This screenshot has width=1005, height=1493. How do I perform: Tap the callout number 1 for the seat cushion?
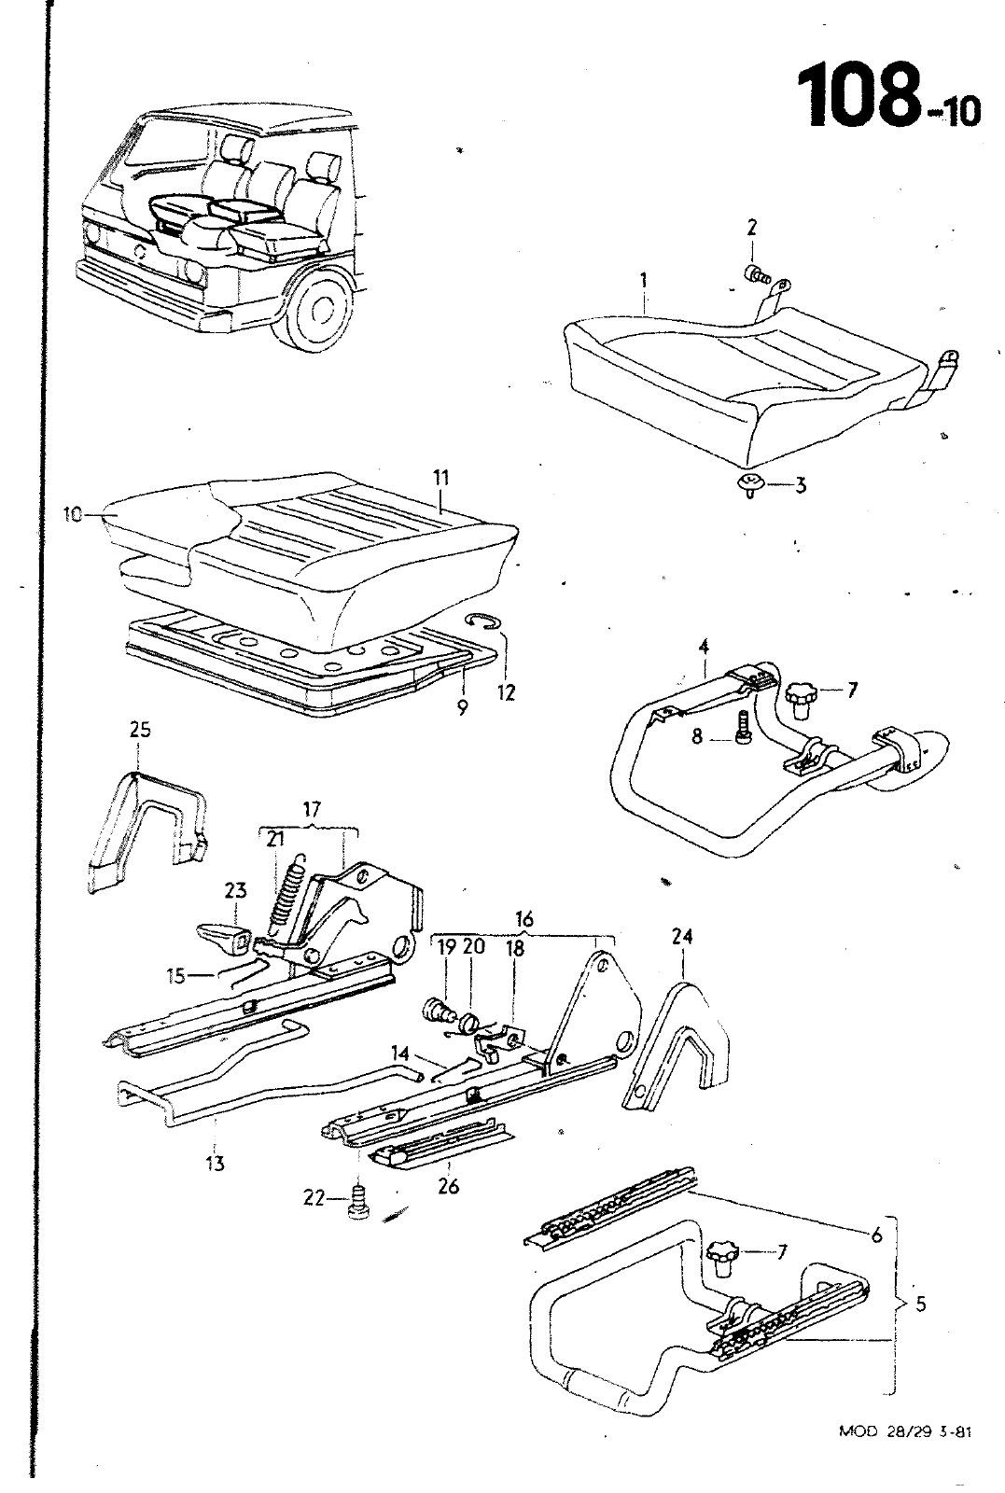click(x=645, y=279)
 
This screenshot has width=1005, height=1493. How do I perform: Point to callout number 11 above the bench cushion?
click(x=441, y=479)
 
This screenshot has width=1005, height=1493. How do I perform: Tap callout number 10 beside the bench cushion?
click(x=73, y=513)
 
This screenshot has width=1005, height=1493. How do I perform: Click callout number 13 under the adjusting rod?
click(x=216, y=1163)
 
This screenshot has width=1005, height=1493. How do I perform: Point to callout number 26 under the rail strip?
click(x=449, y=1188)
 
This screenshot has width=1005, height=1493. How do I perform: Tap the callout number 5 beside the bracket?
click(x=920, y=1304)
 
